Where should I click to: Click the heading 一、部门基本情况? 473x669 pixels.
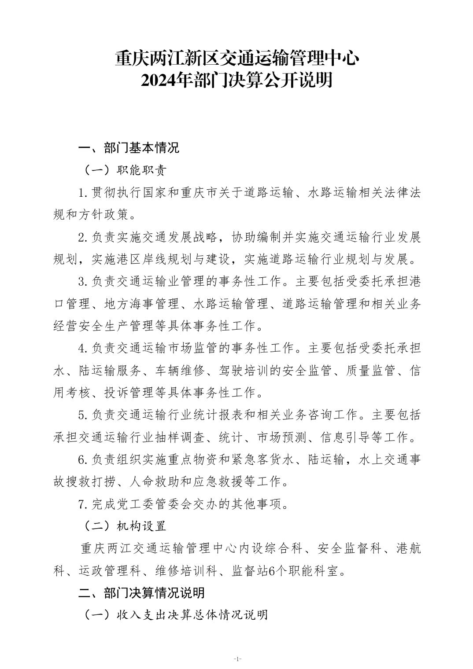point(129,147)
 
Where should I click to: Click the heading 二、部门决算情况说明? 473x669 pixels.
point(141,592)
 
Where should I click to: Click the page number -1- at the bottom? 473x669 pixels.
point(236,659)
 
